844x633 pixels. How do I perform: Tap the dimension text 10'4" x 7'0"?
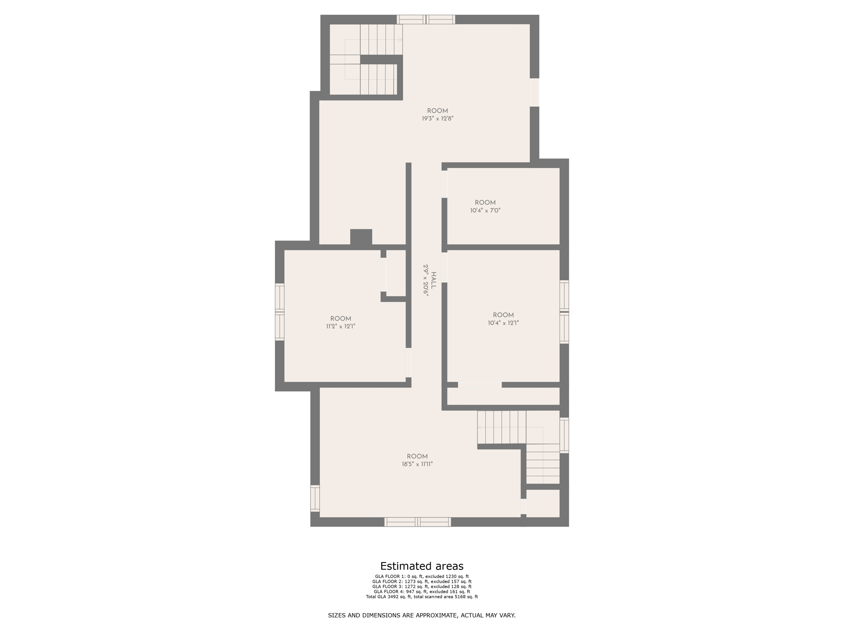(485, 210)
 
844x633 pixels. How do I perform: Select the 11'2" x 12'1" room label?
(340, 326)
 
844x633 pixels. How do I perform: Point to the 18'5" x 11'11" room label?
(417, 464)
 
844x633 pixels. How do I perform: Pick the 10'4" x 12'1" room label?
(503, 323)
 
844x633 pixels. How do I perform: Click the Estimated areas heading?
(422, 566)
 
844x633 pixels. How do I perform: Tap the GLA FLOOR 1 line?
(422, 577)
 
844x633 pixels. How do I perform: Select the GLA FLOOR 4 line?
(422, 591)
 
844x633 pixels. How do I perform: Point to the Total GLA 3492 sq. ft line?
(422, 597)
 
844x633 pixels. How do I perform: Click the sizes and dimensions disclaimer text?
(422, 615)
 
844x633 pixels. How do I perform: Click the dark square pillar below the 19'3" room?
(361, 237)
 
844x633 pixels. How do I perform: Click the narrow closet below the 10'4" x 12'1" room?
(503, 396)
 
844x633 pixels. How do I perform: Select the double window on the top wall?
(426, 19)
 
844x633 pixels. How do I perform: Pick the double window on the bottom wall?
(417, 522)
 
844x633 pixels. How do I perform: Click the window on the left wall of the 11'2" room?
(280, 312)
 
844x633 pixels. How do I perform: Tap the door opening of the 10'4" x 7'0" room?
(444, 184)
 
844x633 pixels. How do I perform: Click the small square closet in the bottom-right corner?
(543, 503)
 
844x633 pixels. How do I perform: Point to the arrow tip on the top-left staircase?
(400, 40)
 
